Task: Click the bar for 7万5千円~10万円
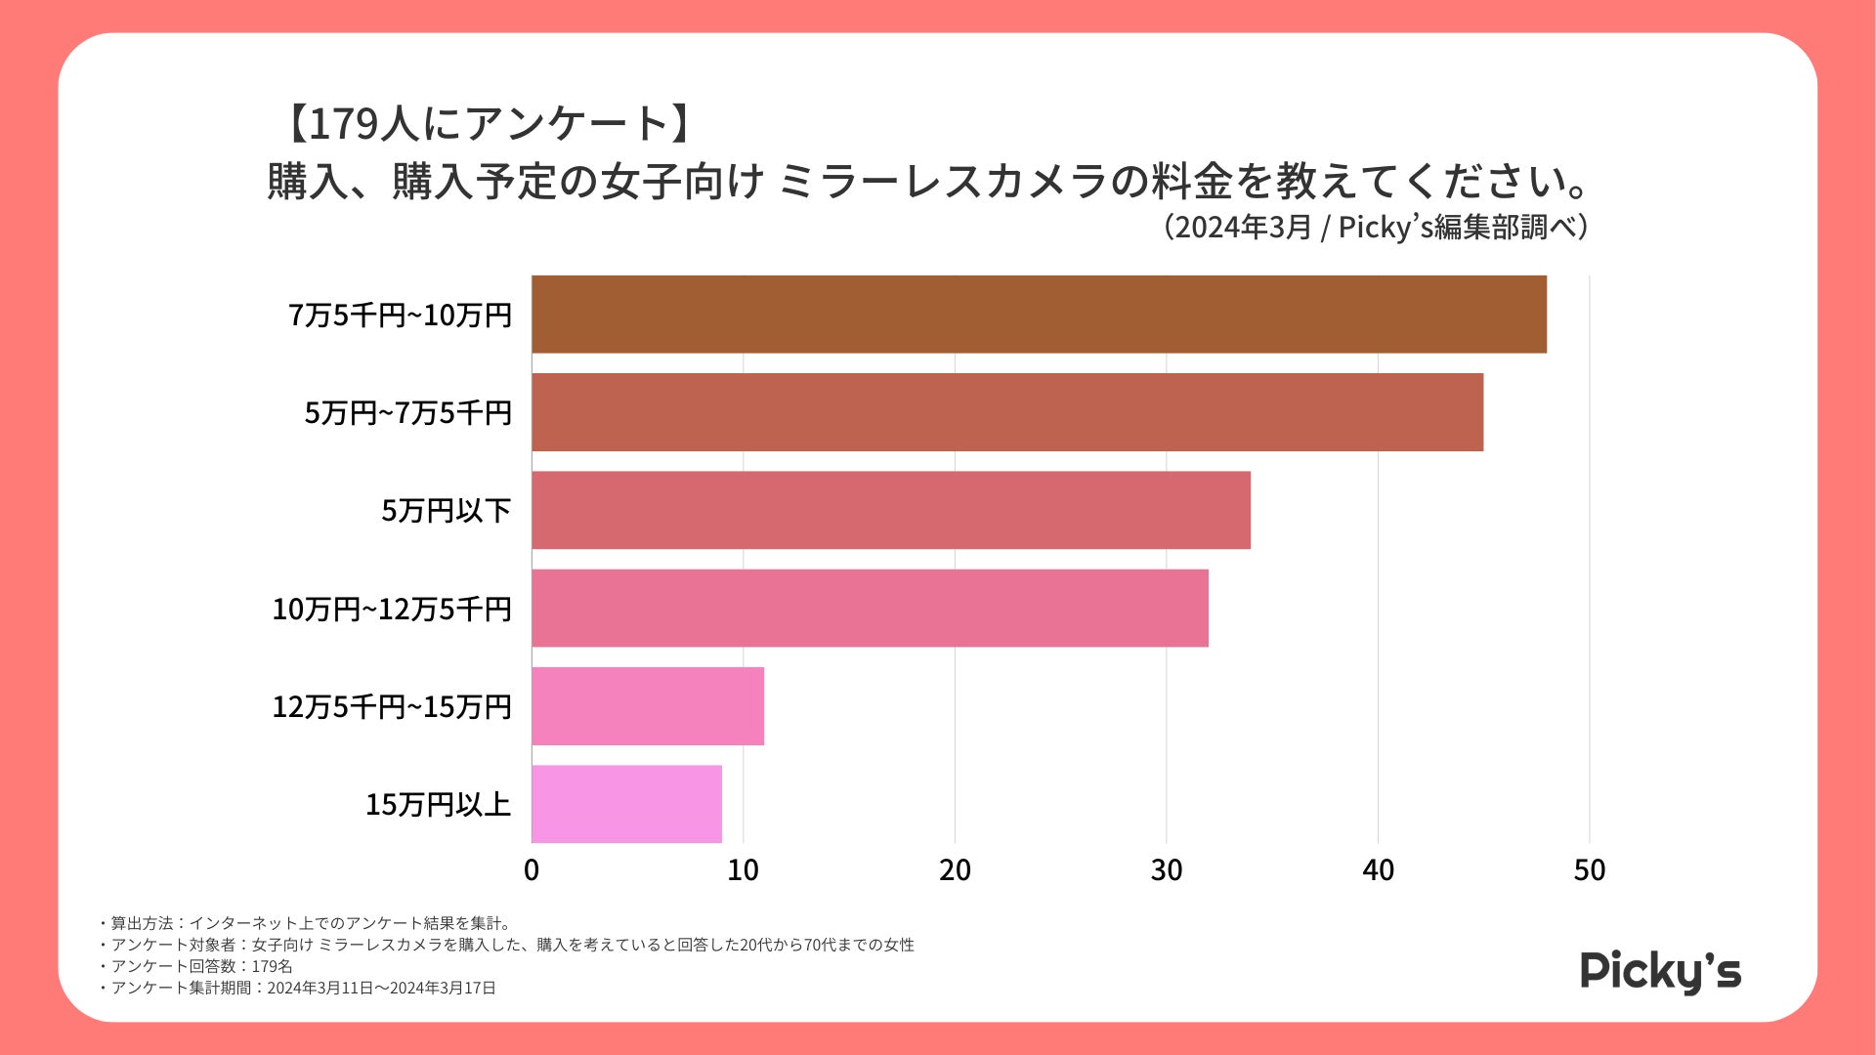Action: pyautogui.click(x=1039, y=315)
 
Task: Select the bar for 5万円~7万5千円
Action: pyautogui.click(x=1007, y=412)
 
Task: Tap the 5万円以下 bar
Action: pyautogui.click(x=891, y=510)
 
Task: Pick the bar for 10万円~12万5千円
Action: pyautogui.click(x=870, y=608)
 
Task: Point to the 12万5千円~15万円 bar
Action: pyautogui.click(x=648, y=706)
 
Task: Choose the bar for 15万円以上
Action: pyautogui.click(x=626, y=804)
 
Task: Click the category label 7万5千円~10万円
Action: pyautogui.click(x=400, y=316)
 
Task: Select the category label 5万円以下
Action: pyautogui.click(x=446, y=511)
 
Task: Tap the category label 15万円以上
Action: pyautogui.click(x=438, y=805)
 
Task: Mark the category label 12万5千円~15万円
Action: pyautogui.click(x=392, y=707)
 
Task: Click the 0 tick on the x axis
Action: pyautogui.click(x=532, y=870)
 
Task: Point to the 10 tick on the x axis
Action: pyautogui.click(x=743, y=870)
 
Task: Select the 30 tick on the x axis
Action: pyautogui.click(x=1167, y=870)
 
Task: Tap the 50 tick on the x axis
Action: pyautogui.click(x=1589, y=870)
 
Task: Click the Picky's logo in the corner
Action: pyautogui.click(x=1660, y=971)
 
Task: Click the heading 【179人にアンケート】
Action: pyautogui.click(x=489, y=124)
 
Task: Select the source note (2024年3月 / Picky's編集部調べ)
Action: pyautogui.click(x=1375, y=228)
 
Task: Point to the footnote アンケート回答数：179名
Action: pyautogui.click(x=201, y=966)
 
